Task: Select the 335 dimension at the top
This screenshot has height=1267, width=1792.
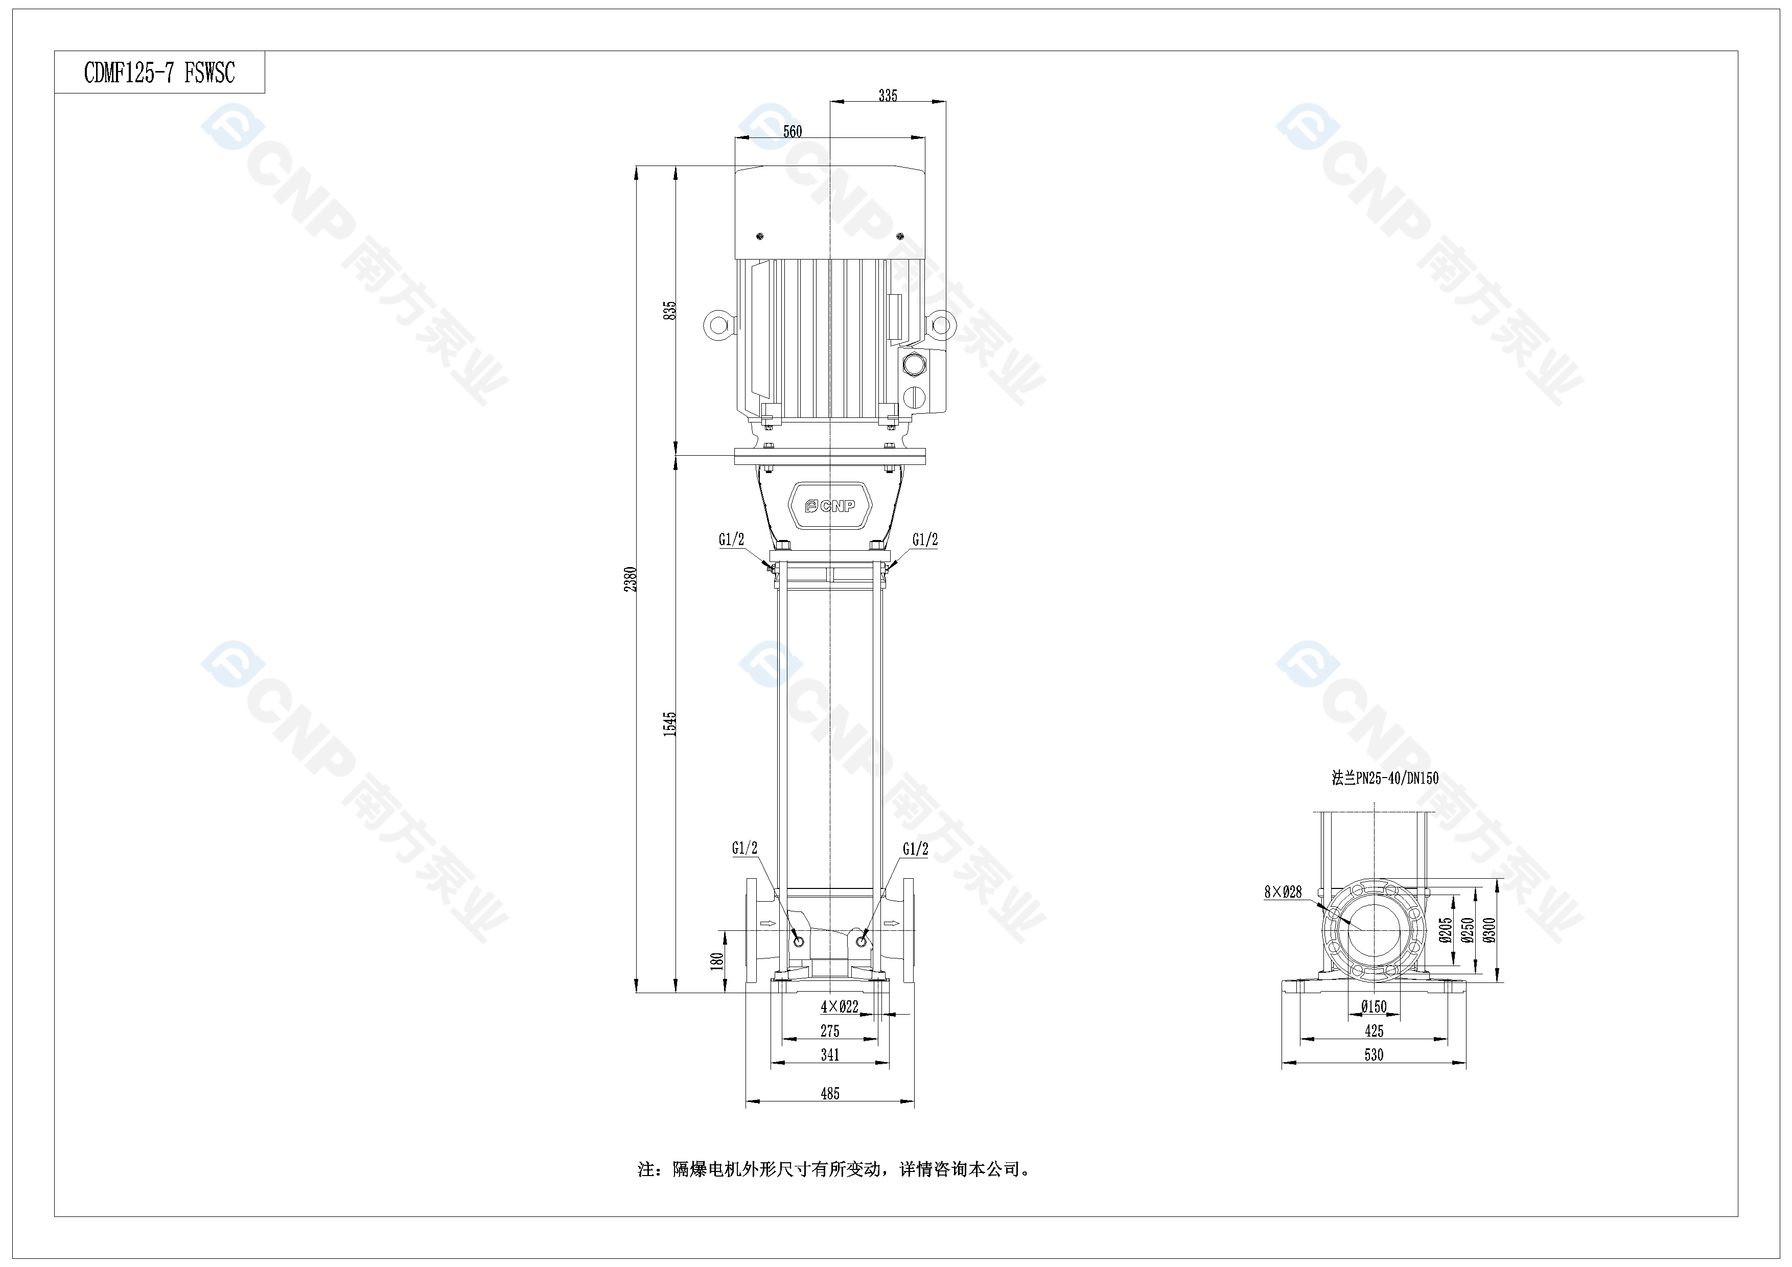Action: tap(888, 95)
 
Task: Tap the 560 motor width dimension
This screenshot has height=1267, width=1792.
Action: tap(792, 131)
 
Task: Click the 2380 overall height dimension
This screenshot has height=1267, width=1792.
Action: tap(631, 579)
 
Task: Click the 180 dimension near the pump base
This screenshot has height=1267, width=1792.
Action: tap(716, 961)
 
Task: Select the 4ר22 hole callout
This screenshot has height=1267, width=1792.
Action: tap(839, 1006)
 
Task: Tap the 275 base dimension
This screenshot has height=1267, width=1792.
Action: tap(830, 1030)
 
